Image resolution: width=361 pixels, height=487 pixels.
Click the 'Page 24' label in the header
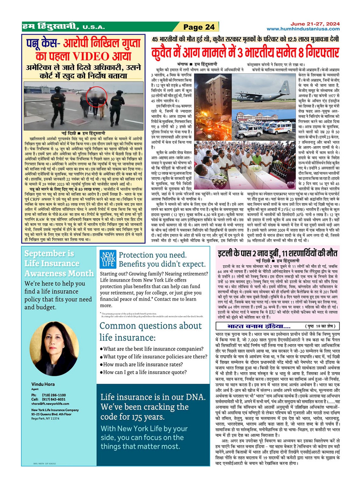[199, 27]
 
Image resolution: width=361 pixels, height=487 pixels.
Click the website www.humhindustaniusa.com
[303, 29]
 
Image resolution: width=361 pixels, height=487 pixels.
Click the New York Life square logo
[108, 259]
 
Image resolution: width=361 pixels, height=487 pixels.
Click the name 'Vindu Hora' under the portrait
[43, 384]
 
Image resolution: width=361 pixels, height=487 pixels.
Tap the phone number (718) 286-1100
[54, 395]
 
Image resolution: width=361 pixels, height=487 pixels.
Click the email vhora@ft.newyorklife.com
[50, 404]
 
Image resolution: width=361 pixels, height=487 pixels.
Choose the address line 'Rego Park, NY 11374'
[45, 419]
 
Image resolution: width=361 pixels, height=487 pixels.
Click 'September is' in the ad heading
[49, 254]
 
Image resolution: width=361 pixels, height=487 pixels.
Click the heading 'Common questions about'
[150, 326]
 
